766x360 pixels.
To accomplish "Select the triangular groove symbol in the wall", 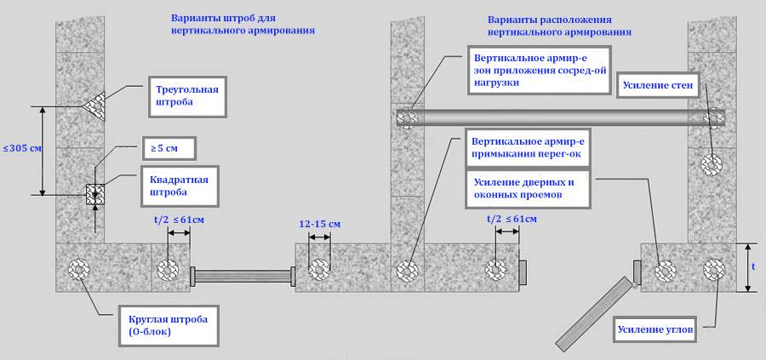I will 94,105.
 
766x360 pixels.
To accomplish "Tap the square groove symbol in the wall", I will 94,194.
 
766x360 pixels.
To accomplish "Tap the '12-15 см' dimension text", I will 320,224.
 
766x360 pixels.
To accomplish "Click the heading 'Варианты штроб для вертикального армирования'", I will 243,24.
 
